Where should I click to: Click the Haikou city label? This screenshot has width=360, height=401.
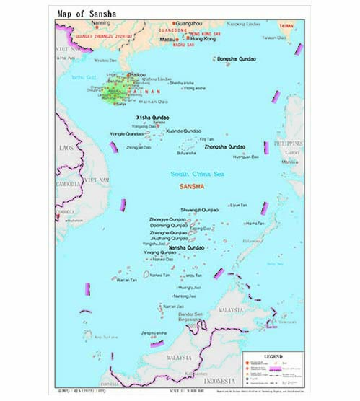(x=136, y=74)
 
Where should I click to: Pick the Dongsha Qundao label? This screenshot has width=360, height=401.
(x=236, y=58)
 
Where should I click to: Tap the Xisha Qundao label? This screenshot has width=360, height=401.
(x=152, y=116)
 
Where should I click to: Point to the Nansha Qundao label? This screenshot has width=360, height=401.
(x=186, y=247)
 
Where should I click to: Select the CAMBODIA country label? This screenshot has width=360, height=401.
(x=69, y=183)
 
